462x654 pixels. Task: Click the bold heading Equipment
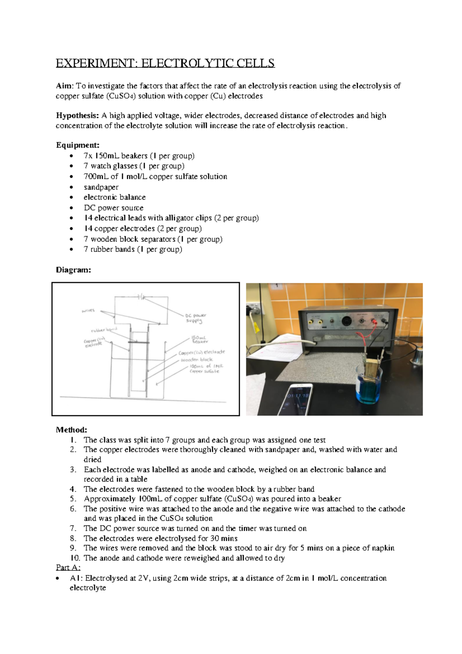[x=77, y=145]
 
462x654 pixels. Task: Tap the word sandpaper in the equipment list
[x=101, y=187]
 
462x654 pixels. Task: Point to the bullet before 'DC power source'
[x=71, y=208]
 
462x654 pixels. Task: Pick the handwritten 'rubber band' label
[x=104, y=330]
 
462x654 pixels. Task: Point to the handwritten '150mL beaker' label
[x=200, y=339]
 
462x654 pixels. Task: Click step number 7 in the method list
[x=73, y=528]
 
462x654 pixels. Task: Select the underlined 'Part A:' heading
[x=68, y=568]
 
